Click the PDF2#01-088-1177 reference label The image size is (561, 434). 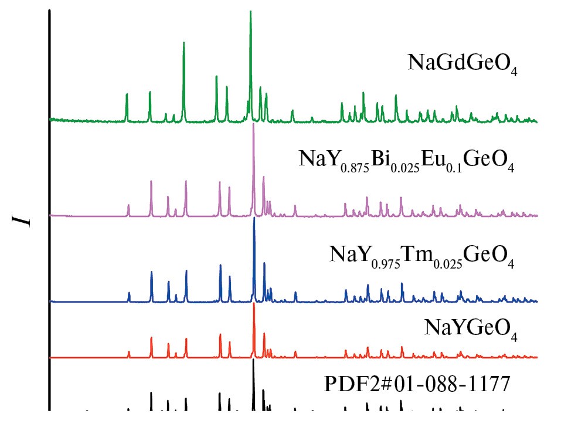click(x=418, y=385)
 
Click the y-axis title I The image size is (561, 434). click(x=23, y=221)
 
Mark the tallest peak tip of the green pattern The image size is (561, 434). click(x=250, y=12)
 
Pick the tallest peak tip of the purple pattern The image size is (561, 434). click(x=253, y=125)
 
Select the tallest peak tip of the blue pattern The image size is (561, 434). click(x=254, y=219)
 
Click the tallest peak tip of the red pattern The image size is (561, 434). click(x=254, y=304)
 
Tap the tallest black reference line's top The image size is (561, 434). click(x=253, y=360)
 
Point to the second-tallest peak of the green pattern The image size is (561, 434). click(x=183, y=43)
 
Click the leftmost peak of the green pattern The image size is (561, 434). click(x=127, y=94)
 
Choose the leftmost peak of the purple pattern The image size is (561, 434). click(x=128, y=205)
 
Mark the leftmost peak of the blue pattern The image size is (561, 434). click(x=129, y=293)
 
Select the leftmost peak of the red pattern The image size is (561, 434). click(x=129, y=352)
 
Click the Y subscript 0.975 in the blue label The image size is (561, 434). click(x=386, y=264)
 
